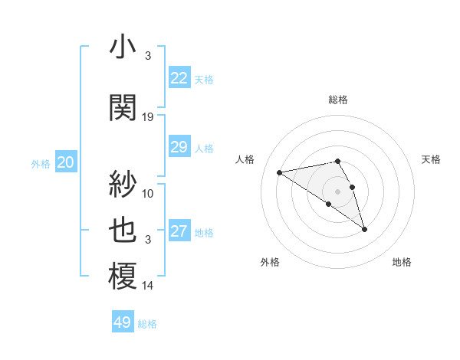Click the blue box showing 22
(179, 78)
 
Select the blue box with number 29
(179, 147)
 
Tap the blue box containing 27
(179, 231)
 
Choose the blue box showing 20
(66, 162)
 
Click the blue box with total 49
(123, 322)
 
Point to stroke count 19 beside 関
(148, 117)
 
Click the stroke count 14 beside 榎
(148, 286)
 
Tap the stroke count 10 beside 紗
(148, 193)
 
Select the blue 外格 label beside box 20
(41, 163)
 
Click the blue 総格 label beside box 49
(147, 324)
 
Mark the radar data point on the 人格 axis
(280, 172)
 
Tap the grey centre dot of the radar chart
(337, 191)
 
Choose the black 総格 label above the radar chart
(338, 100)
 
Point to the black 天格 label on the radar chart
(431, 159)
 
